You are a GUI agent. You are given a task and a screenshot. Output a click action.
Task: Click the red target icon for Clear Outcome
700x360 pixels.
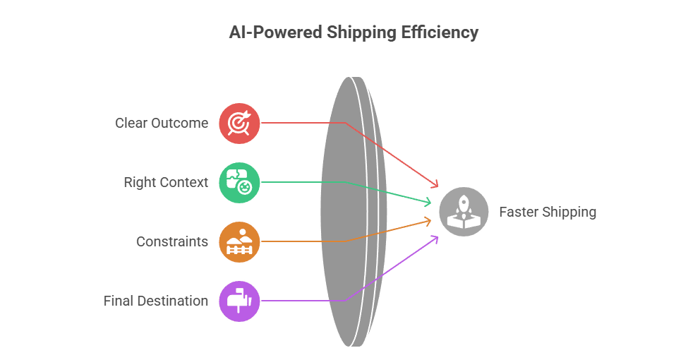pyautogui.click(x=239, y=124)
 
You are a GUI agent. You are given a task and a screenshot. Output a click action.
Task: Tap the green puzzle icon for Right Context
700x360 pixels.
pyautogui.click(x=239, y=183)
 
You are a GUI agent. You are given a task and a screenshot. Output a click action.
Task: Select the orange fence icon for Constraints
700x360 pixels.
pyautogui.click(x=239, y=242)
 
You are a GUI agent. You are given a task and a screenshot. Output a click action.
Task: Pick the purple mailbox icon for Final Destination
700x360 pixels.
pyautogui.click(x=239, y=301)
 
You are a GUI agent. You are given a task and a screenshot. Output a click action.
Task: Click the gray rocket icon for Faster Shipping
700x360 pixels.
pyautogui.click(x=464, y=212)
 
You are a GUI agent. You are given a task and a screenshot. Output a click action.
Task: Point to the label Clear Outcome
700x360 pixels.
pyautogui.click(x=162, y=124)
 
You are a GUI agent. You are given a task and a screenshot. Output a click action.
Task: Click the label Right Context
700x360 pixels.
pyautogui.click(x=166, y=183)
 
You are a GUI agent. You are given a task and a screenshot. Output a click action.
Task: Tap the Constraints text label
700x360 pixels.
pyautogui.click(x=172, y=242)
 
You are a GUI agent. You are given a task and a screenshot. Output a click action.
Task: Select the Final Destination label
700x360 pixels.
pyautogui.click(x=156, y=301)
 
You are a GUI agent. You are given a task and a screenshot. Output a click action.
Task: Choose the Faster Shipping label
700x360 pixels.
pyautogui.click(x=548, y=212)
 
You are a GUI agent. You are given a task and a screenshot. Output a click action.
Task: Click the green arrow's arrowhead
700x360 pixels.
pyautogui.click(x=429, y=203)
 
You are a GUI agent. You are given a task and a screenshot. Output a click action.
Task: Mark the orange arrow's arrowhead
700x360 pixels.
pyautogui.click(x=429, y=221)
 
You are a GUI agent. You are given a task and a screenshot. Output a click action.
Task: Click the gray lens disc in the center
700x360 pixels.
pyautogui.click(x=346, y=212)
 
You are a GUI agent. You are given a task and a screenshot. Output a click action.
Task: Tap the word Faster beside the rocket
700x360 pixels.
pyautogui.click(x=520, y=212)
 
